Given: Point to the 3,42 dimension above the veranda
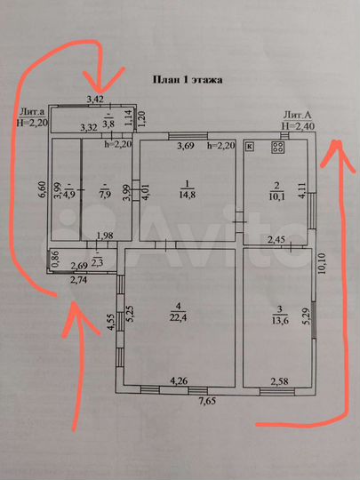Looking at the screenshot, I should tap(94, 98).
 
